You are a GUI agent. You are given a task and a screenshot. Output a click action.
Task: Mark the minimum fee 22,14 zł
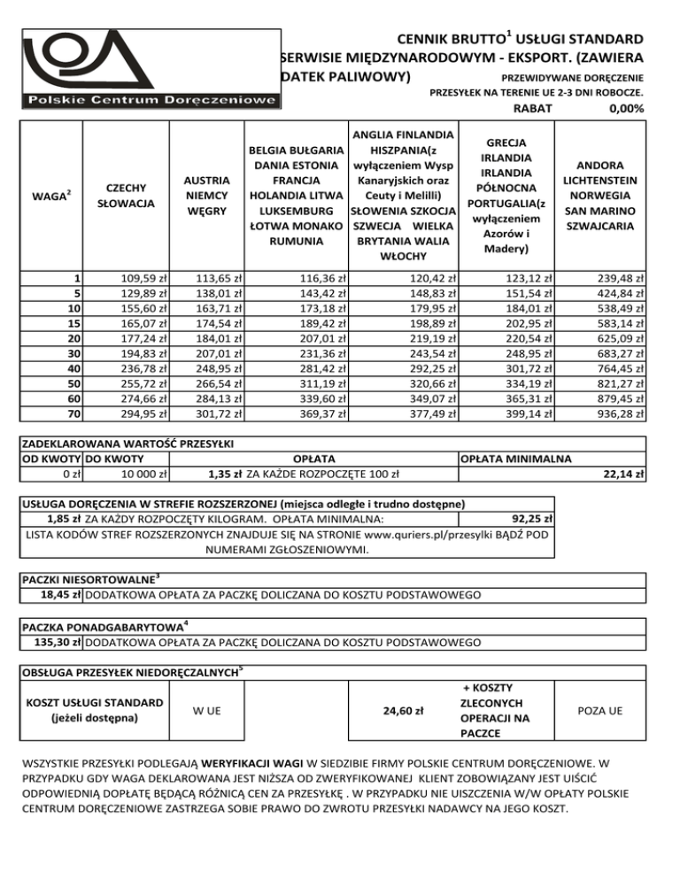[624, 474]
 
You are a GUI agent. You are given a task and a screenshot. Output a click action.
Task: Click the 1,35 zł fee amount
[225, 474]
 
